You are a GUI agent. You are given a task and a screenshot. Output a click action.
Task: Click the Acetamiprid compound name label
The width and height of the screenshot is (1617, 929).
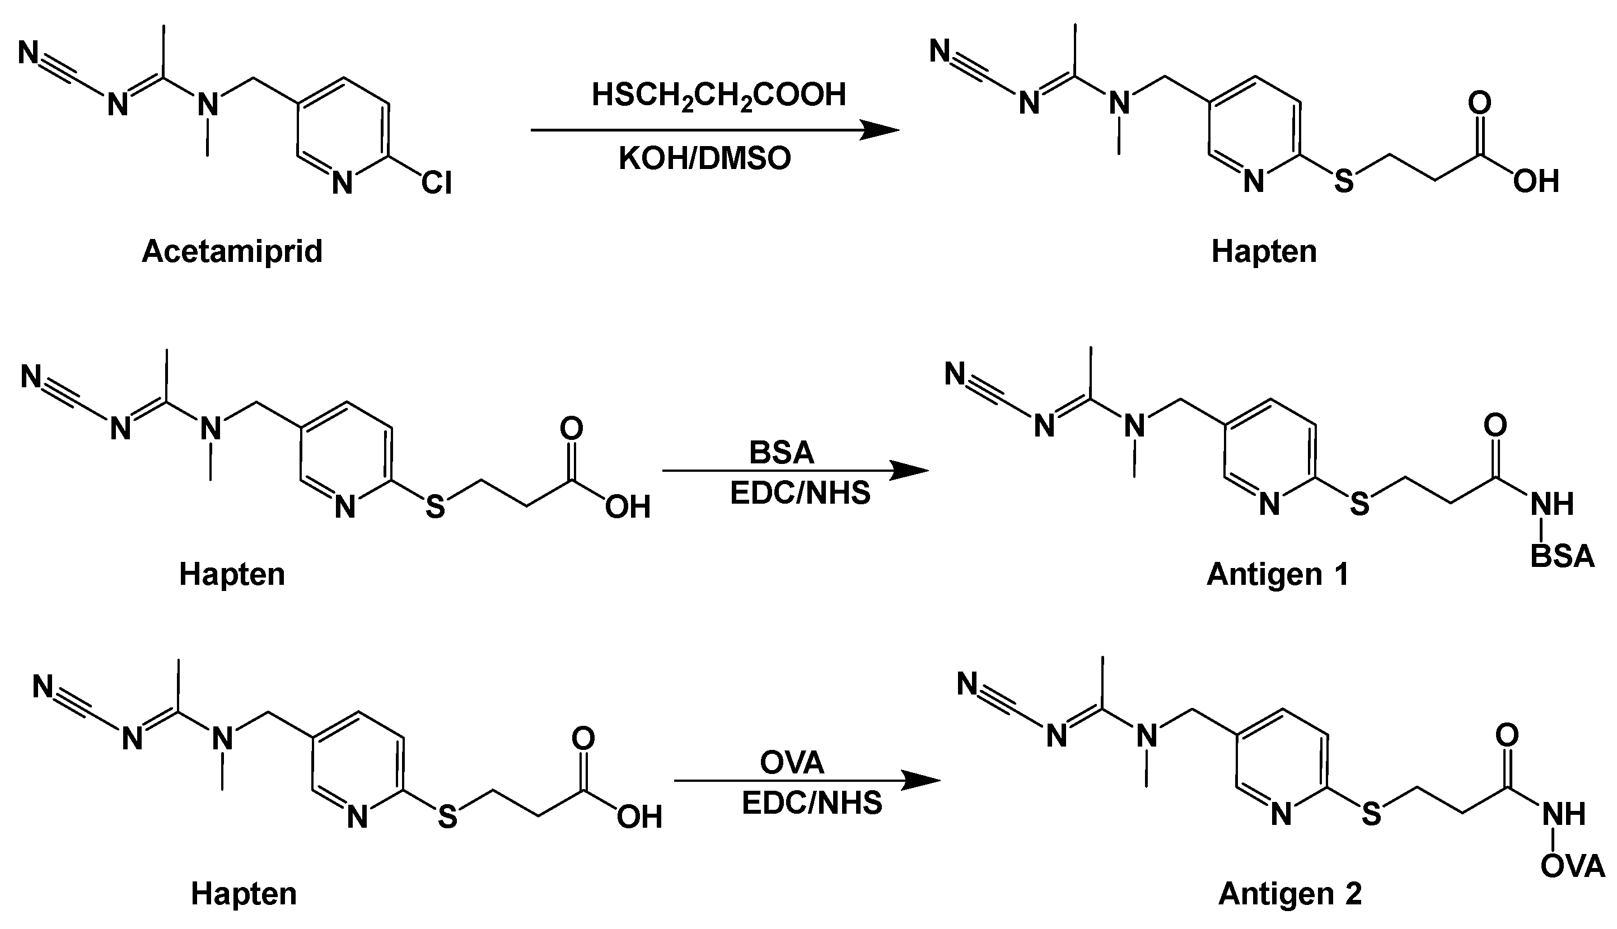tap(232, 251)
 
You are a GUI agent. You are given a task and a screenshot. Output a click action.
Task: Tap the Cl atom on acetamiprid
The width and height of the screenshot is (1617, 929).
tap(436, 183)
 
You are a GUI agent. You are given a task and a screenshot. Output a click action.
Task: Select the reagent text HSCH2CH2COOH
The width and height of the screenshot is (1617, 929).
tap(718, 96)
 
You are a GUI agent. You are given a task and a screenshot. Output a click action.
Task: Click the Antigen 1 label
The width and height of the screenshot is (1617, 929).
tap(1277, 574)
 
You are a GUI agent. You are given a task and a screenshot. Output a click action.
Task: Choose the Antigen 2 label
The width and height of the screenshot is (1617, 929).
tap(1289, 893)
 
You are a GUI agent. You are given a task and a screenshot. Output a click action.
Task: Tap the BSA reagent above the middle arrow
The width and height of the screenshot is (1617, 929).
tap(782, 452)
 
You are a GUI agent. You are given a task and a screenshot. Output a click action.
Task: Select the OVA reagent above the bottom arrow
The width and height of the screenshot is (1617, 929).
tap(792, 762)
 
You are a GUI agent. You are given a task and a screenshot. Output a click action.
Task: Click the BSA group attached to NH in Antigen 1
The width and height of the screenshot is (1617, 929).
tap(1562, 556)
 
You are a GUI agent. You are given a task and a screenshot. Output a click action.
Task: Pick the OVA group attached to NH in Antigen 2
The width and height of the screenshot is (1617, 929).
tap(1572, 866)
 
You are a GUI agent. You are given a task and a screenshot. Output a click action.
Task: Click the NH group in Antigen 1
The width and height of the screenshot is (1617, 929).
tap(1552, 504)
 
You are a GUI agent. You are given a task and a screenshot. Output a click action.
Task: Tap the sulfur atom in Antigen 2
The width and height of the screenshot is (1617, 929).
tap(1371, 815)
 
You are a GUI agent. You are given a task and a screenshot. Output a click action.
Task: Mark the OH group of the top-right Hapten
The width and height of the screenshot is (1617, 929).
tap(1536, 182)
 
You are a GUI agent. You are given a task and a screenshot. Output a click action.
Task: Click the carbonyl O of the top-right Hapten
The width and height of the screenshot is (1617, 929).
tap(1479, 103)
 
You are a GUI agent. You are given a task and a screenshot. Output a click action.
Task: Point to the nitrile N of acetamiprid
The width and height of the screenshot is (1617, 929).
tap(29, 53)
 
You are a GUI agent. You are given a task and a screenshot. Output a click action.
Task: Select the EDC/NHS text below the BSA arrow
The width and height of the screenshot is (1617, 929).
tap(800, 493)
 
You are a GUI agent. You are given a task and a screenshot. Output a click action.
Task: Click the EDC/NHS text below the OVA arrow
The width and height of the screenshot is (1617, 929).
tap(811, 803)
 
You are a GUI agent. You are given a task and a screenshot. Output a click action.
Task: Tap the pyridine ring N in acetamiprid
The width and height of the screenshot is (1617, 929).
tap(343, 184)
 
